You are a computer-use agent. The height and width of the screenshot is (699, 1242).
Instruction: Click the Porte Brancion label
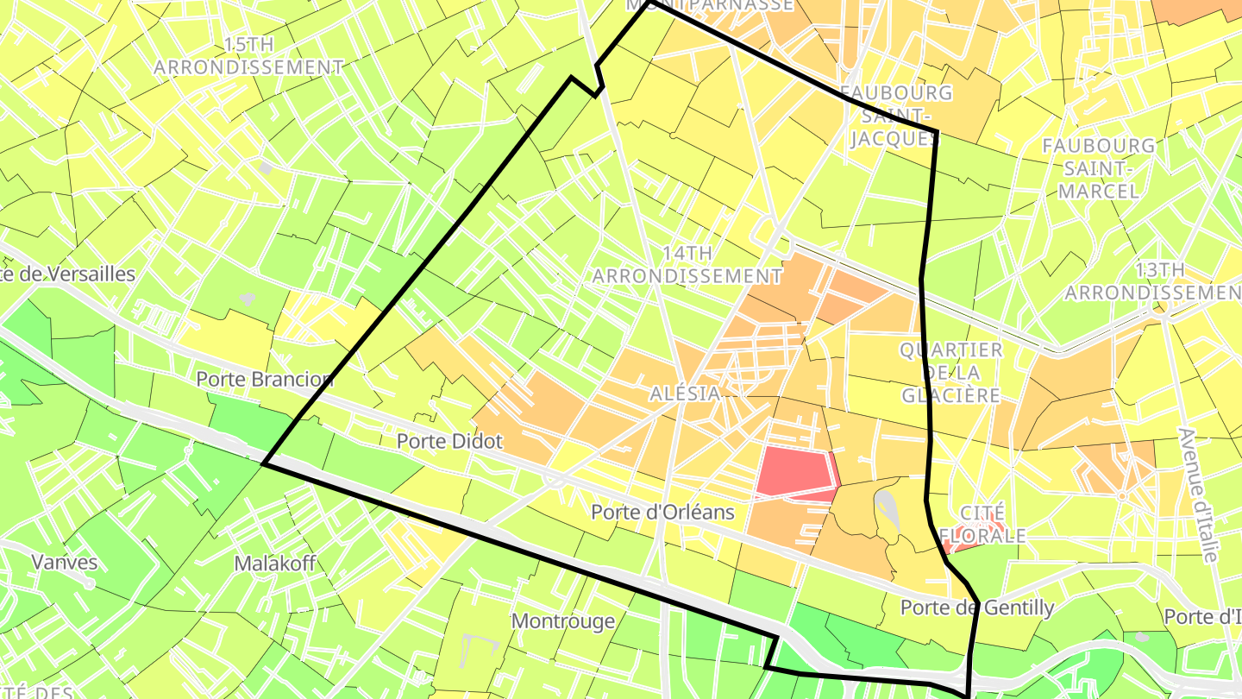click(264, 379)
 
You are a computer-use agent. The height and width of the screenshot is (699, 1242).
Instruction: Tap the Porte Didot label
click(449, 441)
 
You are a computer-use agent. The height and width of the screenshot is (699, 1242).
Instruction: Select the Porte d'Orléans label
click(662, 512)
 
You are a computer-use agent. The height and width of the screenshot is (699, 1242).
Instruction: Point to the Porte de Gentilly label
click(976, 608)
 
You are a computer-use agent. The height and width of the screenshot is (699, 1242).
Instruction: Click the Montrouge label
click(562, 620)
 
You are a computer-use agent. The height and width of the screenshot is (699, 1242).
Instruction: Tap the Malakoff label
click(275, 564)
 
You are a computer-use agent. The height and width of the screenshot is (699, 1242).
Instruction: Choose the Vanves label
click(65, 562)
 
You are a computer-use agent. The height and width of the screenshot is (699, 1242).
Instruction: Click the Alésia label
click(685, 393)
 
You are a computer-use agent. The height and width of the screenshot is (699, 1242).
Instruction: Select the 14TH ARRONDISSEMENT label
click(687, 264)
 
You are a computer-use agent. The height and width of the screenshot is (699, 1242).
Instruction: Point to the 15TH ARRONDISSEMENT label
click(248, 55)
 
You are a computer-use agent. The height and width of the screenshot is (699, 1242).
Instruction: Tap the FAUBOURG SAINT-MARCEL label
click(1098, 167)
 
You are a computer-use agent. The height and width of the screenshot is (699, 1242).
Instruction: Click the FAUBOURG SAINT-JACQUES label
click(895, 115)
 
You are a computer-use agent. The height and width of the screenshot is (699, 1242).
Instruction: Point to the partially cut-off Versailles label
click(68, 274)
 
